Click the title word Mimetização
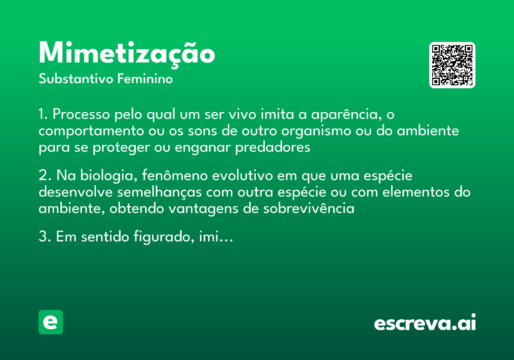[x=127, y=54]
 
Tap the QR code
[x=452, y=65]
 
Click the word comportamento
[x=85, y=131]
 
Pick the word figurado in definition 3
[x=158, y=237]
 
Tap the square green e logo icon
[x=51, y=322]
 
